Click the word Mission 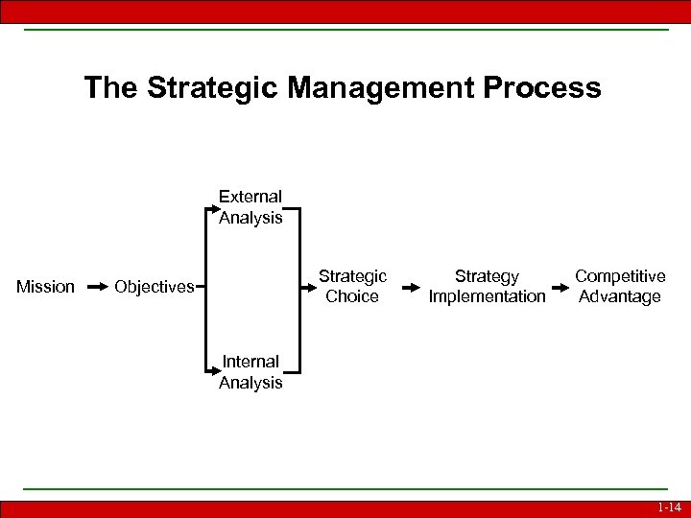point(45,287)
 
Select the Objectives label point(154,287)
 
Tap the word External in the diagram point(250,197)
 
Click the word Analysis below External point(250,218)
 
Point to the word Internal point(250,362)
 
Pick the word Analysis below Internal point(250,383)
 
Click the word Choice point(352,297)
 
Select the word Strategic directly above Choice point(352,276)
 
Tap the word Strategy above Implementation point(487,276)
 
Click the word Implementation point(487,297)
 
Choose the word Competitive point(620,276)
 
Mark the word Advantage point(620,297)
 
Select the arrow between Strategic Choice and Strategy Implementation point(409,287)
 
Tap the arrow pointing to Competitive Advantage point(560,287)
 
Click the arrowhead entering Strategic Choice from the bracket point(308,287)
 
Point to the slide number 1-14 point(669,507)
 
